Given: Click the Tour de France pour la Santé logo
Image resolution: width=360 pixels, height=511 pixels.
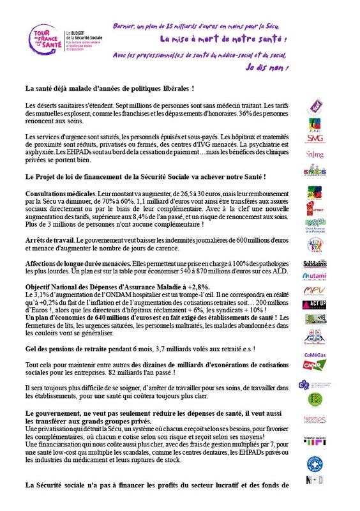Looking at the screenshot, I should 43,42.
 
